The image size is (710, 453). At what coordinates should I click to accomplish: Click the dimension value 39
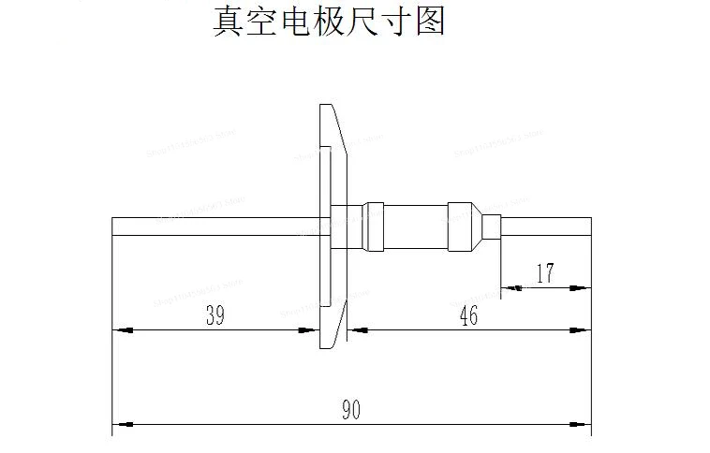(x=214, y=315)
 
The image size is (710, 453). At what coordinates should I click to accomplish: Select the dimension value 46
(x=468, y=315)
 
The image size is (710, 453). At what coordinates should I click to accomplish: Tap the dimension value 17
(x=545, y=273)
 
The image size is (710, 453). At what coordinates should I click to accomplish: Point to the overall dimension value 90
(x=350, y=410)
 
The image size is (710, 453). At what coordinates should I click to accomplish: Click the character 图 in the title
(x=428, y=21)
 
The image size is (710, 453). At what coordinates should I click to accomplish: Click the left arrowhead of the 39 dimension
(x=120, y=329)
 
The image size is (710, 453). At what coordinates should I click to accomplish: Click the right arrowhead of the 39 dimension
(x=311, y=329)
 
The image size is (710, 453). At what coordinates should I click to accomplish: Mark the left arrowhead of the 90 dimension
(x=120, y=424)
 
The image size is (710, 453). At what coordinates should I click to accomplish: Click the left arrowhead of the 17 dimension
(x=511, y=287)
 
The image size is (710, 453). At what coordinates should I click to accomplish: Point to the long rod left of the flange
(x=215, y=227)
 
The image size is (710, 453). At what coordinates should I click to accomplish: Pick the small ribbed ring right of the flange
(x=374, y=227)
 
